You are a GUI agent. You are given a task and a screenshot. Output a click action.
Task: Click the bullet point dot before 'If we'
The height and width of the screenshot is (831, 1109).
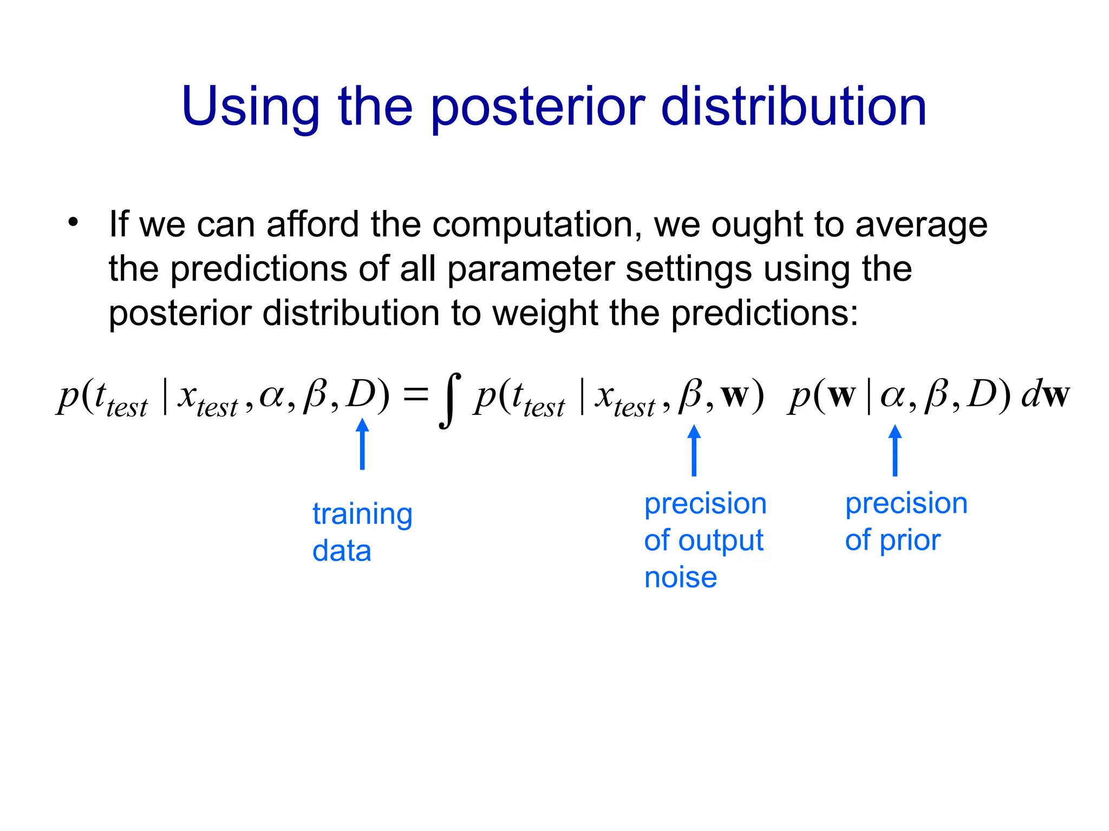[x=73, y=222]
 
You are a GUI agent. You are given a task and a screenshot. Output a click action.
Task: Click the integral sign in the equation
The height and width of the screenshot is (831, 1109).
[x=450, y=400]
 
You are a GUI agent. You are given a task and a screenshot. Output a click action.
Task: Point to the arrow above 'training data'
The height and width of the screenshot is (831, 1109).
[x=362, y=444]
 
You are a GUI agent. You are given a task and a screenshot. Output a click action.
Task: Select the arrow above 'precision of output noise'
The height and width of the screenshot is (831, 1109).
[x=694, y=450]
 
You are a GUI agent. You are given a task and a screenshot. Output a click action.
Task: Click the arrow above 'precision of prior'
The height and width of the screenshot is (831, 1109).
[x=895, y=450]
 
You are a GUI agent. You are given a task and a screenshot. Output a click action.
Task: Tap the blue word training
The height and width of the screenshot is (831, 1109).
[x=362, y=514]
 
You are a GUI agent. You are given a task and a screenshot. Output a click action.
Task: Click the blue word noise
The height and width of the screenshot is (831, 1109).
[x=680, y=577]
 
